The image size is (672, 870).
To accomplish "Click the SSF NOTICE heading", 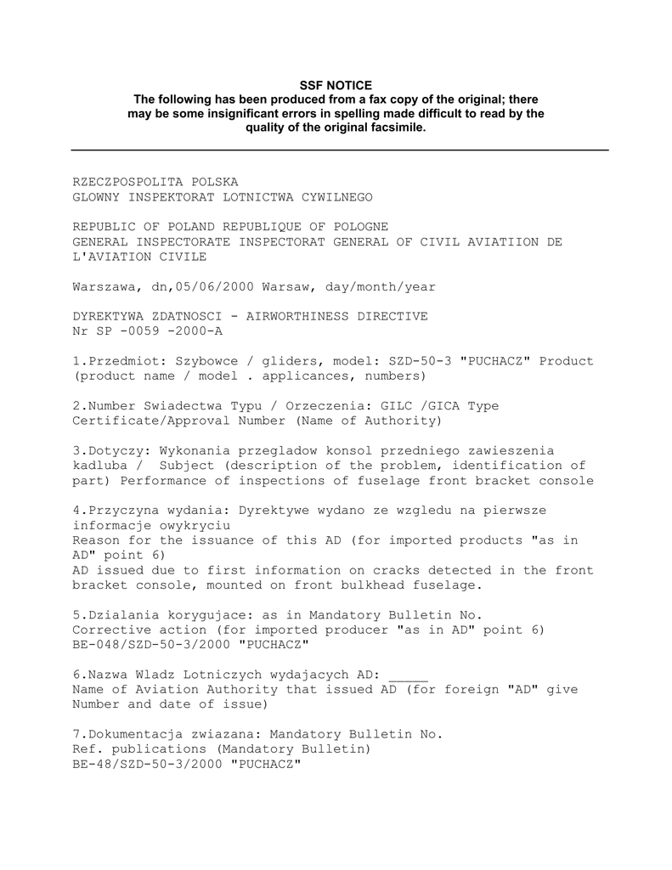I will (336, 85).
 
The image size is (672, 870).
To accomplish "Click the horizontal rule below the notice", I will (340, 150).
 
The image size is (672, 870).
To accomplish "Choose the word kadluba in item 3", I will (99, 466).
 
